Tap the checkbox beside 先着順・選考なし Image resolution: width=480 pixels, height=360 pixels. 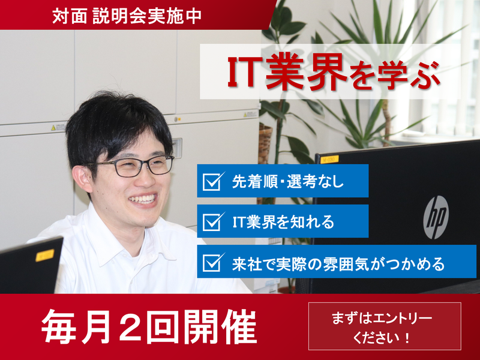[x=213, y=181]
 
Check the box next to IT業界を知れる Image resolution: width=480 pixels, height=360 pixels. [x=213, y=221]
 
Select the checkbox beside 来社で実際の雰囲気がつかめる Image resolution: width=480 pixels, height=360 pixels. [x=213, y=262]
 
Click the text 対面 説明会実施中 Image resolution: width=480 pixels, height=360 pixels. [x=126, y=15]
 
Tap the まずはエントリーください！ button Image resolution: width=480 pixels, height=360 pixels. [x=385, y=326]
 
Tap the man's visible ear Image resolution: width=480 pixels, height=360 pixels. [x=86, y=177]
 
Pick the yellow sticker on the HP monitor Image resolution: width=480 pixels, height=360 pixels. [x=329, y=159]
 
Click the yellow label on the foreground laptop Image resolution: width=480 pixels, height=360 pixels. [x=44, y=255]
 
